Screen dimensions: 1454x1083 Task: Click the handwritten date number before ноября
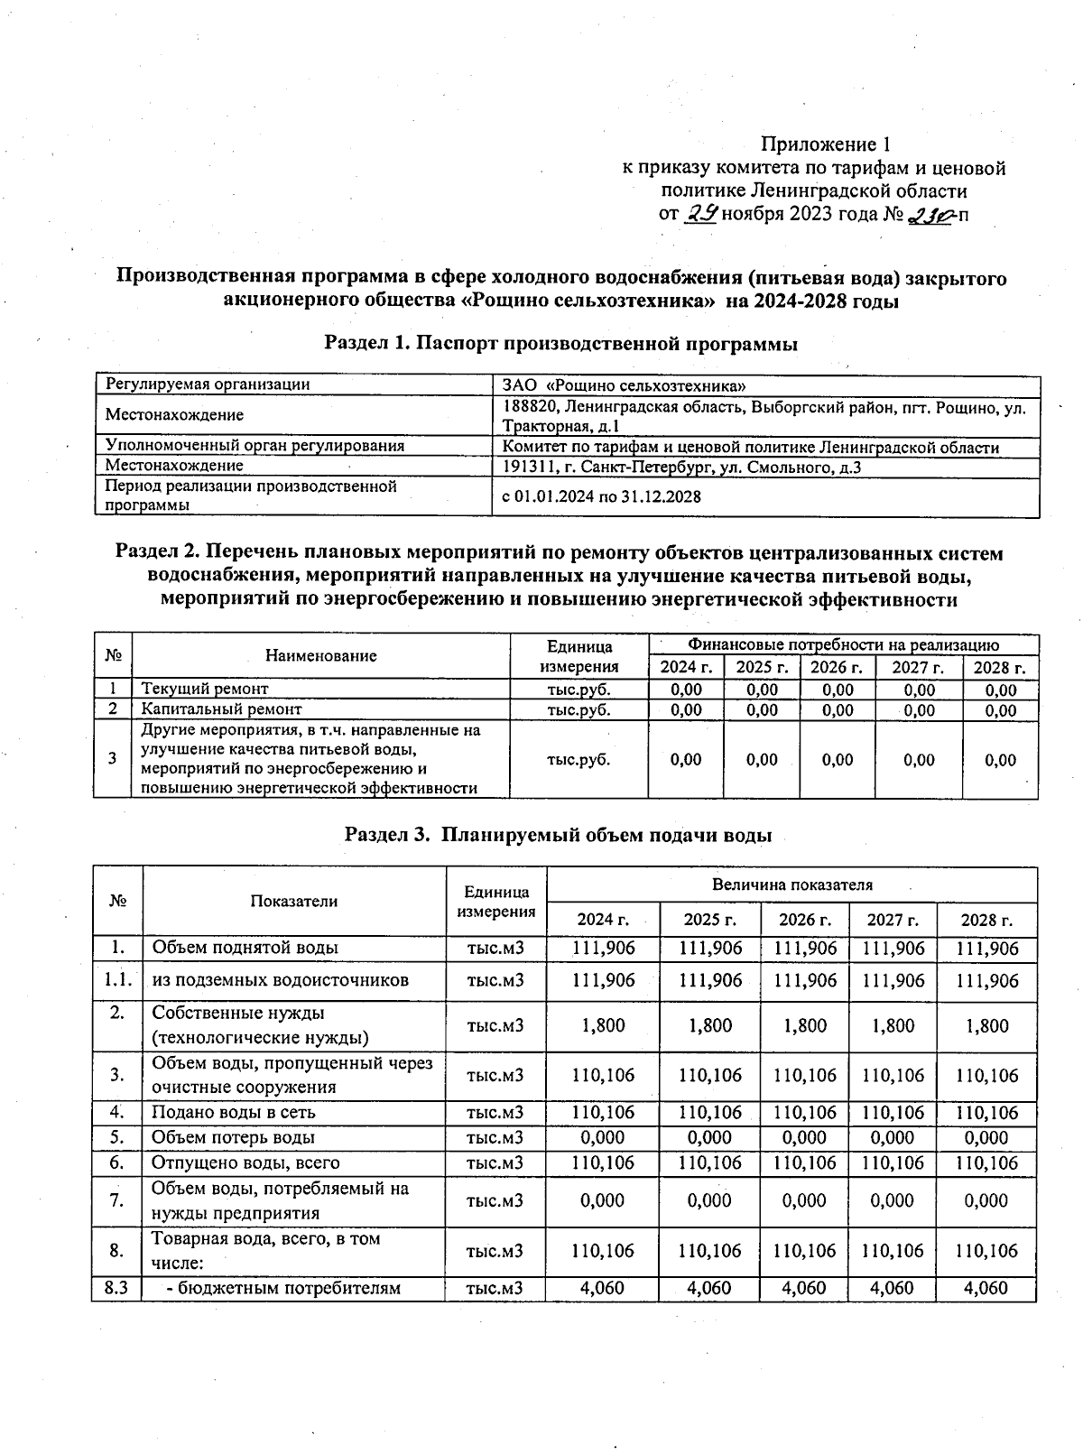[x=701, y=214]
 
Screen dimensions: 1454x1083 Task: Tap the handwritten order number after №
[x=930, y=215]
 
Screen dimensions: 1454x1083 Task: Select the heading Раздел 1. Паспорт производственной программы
[x=560, y=344]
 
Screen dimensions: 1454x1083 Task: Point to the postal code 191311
[x=525, y=468]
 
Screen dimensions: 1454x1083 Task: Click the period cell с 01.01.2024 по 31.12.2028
[x=601, y=496]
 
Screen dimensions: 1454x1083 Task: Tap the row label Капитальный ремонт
[x=221, y=710]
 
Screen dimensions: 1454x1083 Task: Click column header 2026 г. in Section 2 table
[x=837, y=668]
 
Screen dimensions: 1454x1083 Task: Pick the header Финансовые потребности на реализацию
[x=843, y=645]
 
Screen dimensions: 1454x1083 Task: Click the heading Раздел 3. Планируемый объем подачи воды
[x=558, y=835]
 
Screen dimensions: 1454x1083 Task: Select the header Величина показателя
[x=791, y=884]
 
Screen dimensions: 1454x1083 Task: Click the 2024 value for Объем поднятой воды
[x=603, y=949]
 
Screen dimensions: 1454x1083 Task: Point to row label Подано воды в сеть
[x=233, y=1113]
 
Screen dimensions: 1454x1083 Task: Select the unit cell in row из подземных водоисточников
[x=495, y=981]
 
